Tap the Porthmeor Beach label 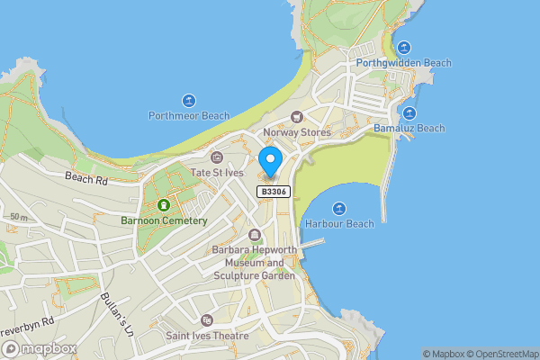(x=189, y=116)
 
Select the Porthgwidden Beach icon (x=403, y=48)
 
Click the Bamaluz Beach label (x=409, y=129)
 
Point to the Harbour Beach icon (x=340, y=208)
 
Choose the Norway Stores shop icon (x=297, y=117)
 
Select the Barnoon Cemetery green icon (x=164, y=204)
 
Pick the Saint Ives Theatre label (x=207, y=336)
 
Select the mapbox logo (x=38, y=348)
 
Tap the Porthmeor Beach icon (x=189, y=100)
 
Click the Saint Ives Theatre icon (x=206, y=320)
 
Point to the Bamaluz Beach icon (x=409, y=113)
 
